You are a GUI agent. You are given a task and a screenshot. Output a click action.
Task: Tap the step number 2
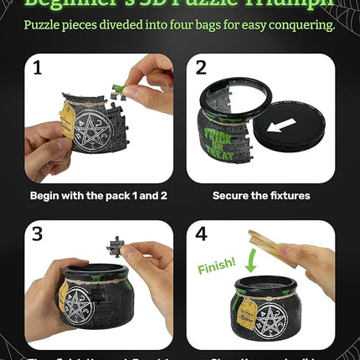pyautogui.click(x=201, y=69)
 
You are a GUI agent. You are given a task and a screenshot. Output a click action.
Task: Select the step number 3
pyautogui.click(x=36, y=234)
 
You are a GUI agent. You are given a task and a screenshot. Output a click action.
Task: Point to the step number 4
pyautogui.click(x=202, y=234)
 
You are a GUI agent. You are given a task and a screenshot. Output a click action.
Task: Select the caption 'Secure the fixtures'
pyautogui.click(x=261, y=196)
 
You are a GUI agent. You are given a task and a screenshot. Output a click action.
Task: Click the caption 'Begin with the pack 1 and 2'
pyautogui.click(x=96, y=196)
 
